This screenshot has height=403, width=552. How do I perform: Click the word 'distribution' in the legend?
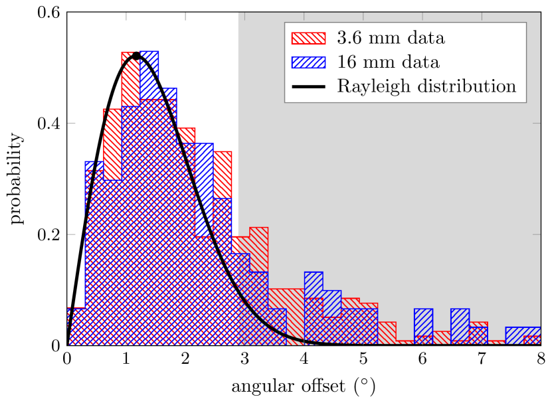pos(469,87)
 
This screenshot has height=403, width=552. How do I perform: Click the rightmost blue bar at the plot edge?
pos(523,335)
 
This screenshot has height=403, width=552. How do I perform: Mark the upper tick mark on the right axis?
pos(536,123)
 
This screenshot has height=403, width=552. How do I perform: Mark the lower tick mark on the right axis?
pos(536,234)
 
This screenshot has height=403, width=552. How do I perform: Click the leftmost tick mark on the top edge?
pos(126,15)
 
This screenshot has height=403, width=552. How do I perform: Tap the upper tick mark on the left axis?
pos(72,123)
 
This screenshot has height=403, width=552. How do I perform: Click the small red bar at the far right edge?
pos(532,340)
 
